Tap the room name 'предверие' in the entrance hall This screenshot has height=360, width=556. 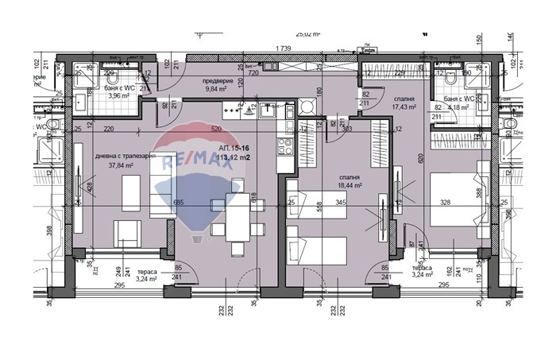(x=216, y=80)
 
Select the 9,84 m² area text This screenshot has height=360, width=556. (x=216, y=90)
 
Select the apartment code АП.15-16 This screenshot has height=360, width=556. (x=235, y=148)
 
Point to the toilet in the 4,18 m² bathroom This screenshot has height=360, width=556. (x=451, y=78)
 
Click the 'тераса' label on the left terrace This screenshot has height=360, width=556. (x=145, y=271)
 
